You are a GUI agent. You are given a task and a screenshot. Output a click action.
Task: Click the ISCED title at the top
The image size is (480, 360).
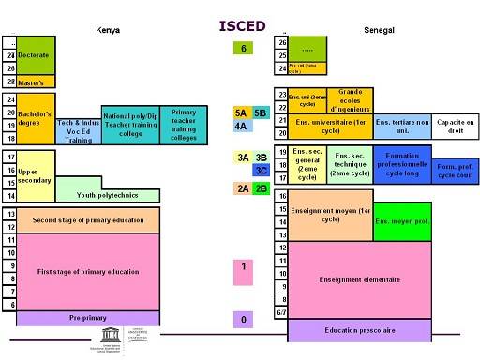243,25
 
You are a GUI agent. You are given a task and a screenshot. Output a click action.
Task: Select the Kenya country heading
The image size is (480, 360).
108,31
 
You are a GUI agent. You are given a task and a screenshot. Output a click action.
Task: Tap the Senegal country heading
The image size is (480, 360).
379,31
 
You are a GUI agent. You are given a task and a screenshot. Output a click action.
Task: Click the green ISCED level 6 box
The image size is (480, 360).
243,49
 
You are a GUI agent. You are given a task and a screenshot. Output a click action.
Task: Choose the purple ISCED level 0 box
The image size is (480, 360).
243,321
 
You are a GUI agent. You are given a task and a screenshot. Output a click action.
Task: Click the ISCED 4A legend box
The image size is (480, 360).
241,126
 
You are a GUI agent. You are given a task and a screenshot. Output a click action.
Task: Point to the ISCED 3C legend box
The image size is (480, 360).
262,170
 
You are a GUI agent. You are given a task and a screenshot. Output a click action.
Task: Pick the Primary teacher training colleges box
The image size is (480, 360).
184,125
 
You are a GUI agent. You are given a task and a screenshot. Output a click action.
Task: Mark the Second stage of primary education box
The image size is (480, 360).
94,220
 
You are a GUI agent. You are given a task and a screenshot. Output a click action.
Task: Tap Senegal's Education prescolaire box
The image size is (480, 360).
360,330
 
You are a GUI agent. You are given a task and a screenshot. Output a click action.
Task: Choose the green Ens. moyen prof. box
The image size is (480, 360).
402,221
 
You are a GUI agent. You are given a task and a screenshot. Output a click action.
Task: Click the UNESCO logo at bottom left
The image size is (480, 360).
86,337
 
